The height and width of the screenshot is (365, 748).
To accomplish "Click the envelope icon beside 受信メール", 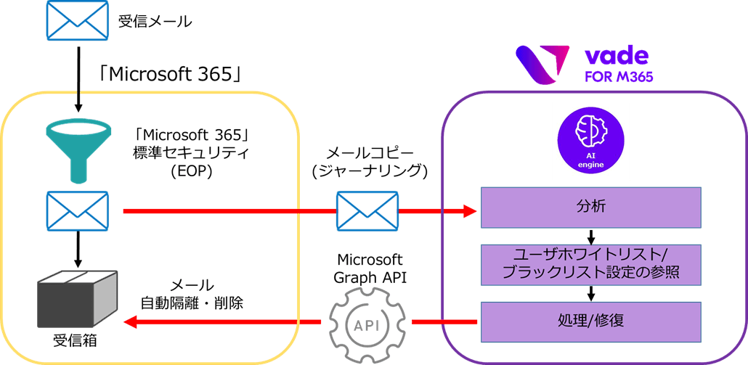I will click(x=77, y=20).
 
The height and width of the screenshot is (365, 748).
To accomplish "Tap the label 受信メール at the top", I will click(x=155, y=21).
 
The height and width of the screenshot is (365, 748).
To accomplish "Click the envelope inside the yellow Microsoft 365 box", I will click(x=77, y=211).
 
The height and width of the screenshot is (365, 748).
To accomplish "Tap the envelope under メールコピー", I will click(x=367, y=211).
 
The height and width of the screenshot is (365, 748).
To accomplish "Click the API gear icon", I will click(x=366, y=321).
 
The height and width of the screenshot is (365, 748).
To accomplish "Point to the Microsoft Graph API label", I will click(x=367, y=268).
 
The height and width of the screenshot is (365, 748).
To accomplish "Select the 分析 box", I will click(x=590, y=207).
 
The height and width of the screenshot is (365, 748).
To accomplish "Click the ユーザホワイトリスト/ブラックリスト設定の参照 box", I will click(x=590, y=264).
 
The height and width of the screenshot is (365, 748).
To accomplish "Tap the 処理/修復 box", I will click(x=590, y=321).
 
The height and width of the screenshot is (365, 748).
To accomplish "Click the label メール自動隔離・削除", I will click(x=191, y=295).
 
